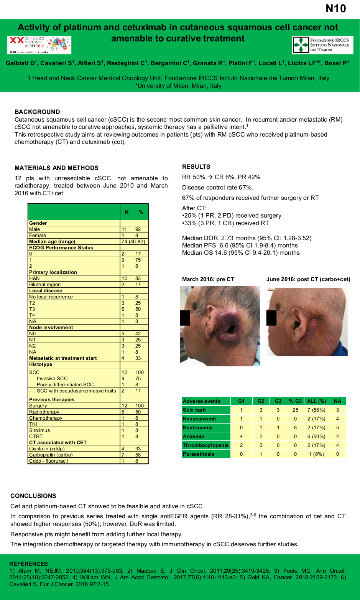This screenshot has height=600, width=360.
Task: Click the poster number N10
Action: (x=335, y=8)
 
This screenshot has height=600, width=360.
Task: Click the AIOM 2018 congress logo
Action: (x=39, y=45)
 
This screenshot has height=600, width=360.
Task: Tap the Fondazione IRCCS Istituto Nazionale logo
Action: (x=322, y=45)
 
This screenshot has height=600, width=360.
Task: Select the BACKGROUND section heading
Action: (x=37, y=112)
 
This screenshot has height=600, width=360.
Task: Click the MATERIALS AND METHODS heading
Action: (x=56, y=168)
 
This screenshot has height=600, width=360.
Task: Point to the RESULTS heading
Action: (x=196, y=166)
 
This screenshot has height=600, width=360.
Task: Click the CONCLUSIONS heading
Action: (x=33, y=496)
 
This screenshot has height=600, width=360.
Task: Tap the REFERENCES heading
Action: (x=28, y=564)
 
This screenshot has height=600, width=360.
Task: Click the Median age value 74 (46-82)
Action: (x=133, y=242)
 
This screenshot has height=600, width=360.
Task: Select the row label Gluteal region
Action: (x=45, y=285)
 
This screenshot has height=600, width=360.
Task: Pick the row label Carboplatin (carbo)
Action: (x=51, y=455)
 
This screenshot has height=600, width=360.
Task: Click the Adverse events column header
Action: (x=202, y=401)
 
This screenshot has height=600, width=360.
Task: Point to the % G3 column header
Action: (x=295, y=401)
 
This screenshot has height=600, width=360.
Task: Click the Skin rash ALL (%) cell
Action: (x=316, y=410)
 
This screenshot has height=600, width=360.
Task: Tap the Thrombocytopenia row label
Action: (x=205, y=445)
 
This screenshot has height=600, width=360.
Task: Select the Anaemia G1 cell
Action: (x=241, y=437)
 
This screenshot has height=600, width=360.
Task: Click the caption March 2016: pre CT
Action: (x=208, y=279)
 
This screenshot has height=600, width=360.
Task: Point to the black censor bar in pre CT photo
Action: (x=185, y=318)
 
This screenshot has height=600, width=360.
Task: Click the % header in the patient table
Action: (x=141, y=212)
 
